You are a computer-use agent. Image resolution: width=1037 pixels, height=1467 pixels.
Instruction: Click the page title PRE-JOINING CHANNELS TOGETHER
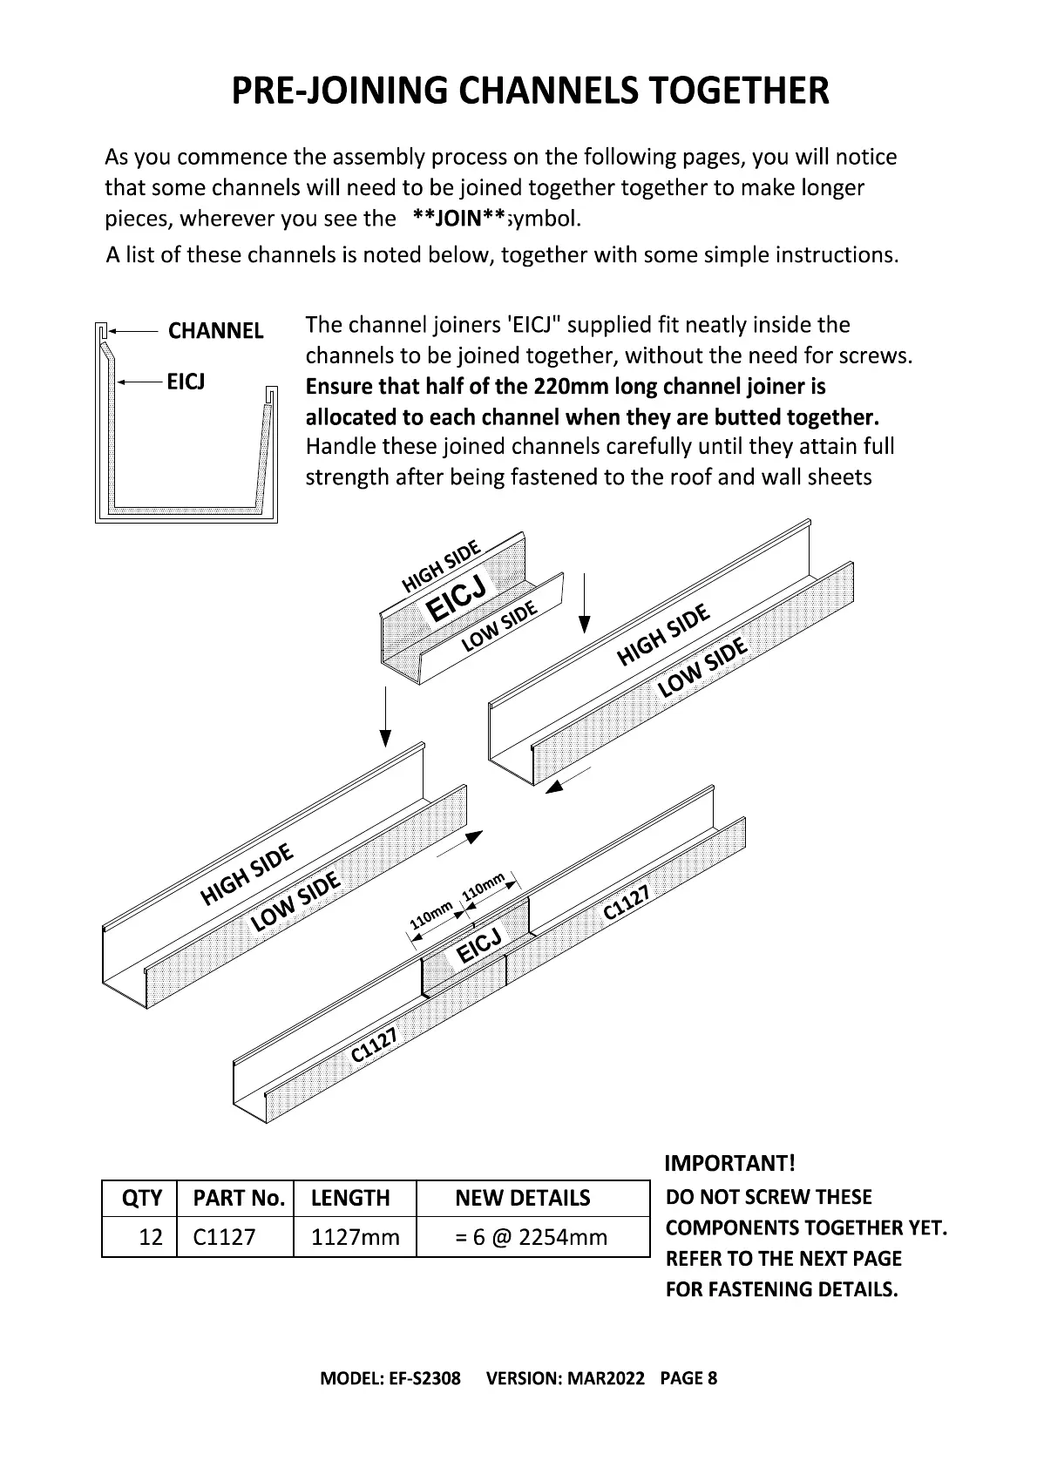(x=530, y=91)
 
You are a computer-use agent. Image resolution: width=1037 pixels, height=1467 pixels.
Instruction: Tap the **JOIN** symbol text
(x=459, y=218)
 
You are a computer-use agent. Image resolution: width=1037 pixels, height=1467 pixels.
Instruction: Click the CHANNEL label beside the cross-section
(x=215, y=331)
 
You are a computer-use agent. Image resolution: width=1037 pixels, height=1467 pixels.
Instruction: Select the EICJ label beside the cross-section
(x=186, y=382)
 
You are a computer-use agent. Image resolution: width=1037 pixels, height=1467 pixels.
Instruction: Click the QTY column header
(x=141, y=1199)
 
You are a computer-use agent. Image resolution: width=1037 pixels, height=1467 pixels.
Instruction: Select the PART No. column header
(x=239, y=1199)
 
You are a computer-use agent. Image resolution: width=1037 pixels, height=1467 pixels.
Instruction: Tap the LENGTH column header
(x=350, y=1199)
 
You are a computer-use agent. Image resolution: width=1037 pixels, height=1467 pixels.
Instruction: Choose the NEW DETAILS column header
(x=522, y=1199)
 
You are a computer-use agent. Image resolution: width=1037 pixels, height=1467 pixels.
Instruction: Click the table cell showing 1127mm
(x=355, y=1237)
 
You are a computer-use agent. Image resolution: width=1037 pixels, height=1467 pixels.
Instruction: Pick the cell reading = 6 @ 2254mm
(x=531, y=1237)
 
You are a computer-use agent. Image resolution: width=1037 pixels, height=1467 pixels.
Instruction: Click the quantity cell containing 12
(x=151, y=1237)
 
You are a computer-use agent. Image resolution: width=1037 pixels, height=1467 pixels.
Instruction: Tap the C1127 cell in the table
(x=224, y=1237)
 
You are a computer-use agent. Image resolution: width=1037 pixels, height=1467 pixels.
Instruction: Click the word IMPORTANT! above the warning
(x=729, y=1163)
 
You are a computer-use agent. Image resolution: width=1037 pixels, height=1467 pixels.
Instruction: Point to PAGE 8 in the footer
(x=688, y=1378)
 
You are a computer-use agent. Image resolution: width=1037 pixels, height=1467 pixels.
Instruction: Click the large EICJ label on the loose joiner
(x=456, y=598)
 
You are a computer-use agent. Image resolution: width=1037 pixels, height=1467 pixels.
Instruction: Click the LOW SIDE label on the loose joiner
(x=498, y=627)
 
